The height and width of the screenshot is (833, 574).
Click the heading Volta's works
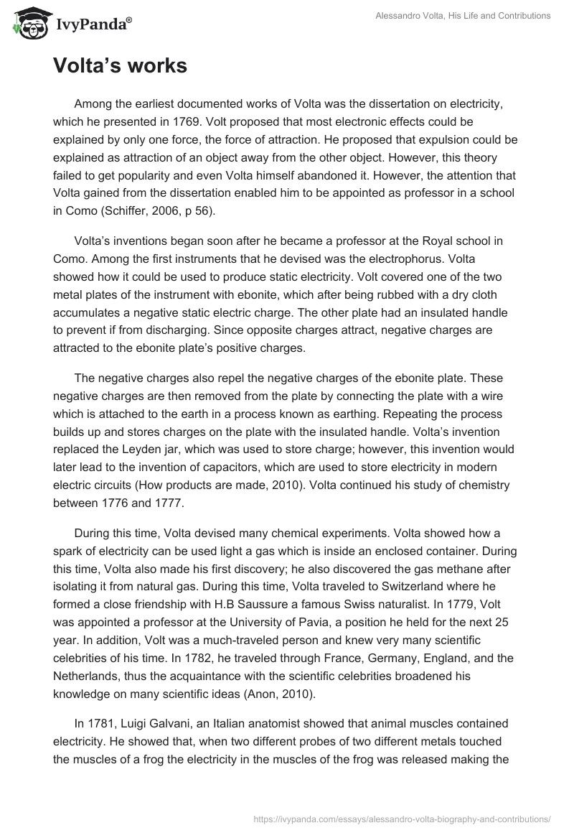(120, 66)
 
